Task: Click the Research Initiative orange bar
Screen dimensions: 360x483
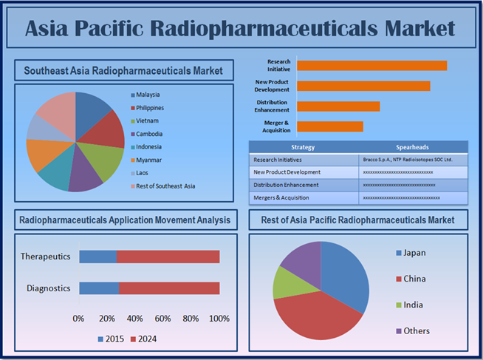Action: (371, 66)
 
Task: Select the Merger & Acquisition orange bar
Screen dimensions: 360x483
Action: (330, 126)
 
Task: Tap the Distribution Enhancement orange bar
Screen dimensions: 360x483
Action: (338, 106)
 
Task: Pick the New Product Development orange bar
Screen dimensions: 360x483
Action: (363, 86)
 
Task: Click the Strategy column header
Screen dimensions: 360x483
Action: (303, 147)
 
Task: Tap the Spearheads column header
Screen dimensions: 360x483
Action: (412, 147)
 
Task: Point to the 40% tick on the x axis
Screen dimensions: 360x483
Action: (134, 319)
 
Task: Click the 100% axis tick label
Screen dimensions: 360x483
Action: (219, 319)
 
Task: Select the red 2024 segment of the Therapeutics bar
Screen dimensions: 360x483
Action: (168, 257)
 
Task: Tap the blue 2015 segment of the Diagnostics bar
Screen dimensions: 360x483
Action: (99, 288)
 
